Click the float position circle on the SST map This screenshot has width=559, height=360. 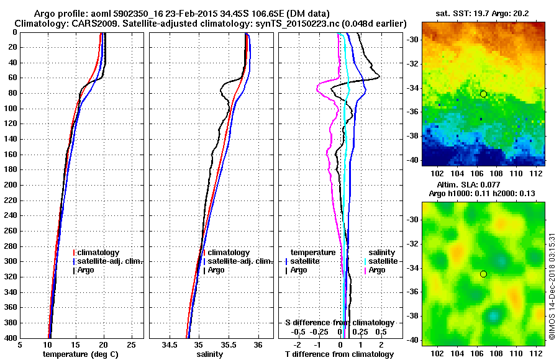click(x=483, y=94)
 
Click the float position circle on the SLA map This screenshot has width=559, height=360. click(x=483, y=274)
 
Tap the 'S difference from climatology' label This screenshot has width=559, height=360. click(x=339, y=323)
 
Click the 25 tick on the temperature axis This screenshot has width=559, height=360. click(x=131, y=344)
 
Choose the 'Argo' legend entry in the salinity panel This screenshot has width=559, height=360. click(x=216, y=270)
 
